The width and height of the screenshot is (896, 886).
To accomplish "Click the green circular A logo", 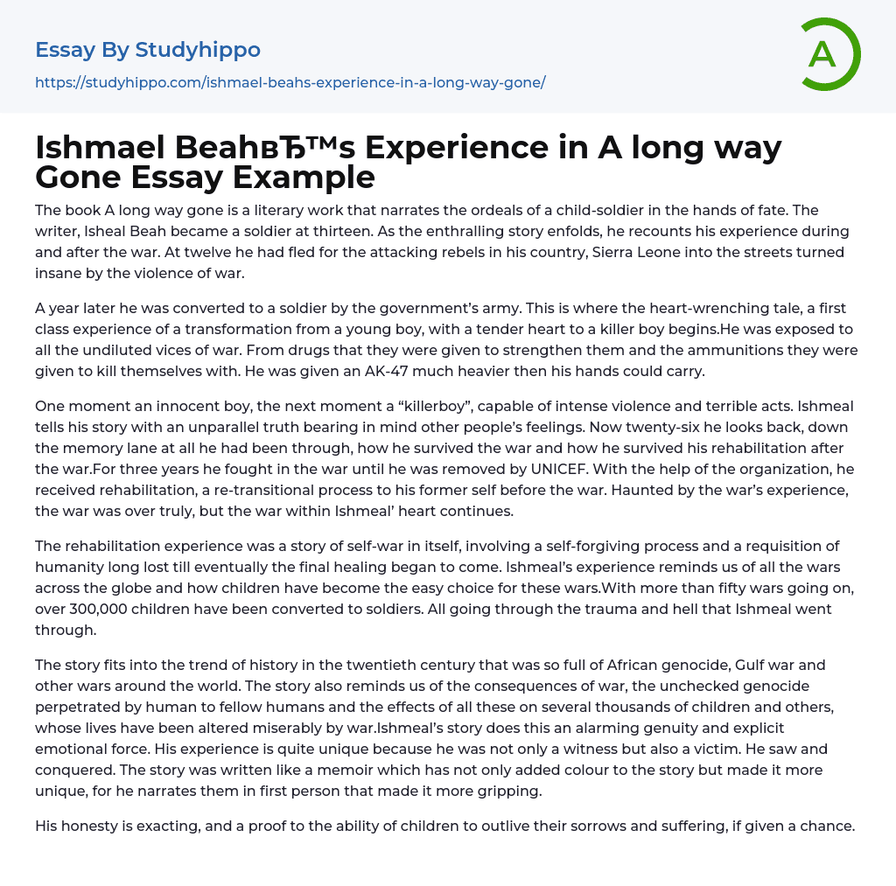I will pos(829,54).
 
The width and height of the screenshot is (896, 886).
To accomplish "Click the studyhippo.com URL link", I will pos(290,82).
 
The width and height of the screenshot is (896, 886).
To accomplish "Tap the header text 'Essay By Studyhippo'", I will pos(148,50).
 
